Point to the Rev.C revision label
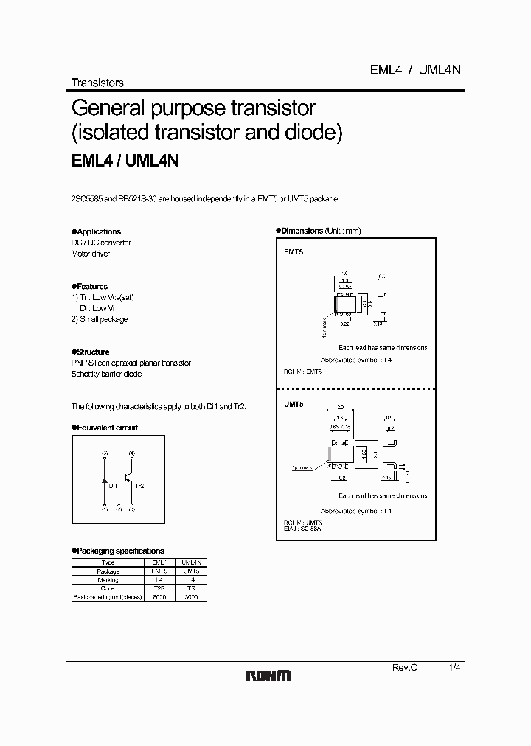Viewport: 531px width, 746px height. click(x=404, y=666)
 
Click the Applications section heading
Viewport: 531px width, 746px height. click(x=98, y=231)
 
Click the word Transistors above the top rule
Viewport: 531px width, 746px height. click(x=97, y=83)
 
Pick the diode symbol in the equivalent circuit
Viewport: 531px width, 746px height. click(x=104, y=480)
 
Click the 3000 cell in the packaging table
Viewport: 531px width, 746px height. click(x=190, y=597)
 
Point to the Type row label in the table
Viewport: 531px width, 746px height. click(x=108, y=562)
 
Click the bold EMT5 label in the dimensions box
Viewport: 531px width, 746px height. click(x=294, y=252)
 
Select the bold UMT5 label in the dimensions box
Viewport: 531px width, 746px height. click(x=294, y=404)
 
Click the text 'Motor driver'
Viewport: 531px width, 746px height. click(x=90, y=254)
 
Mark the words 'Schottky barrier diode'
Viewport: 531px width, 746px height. click(x=106, y=374)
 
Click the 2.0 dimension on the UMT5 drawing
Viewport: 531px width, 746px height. click(x=340, y=406)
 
